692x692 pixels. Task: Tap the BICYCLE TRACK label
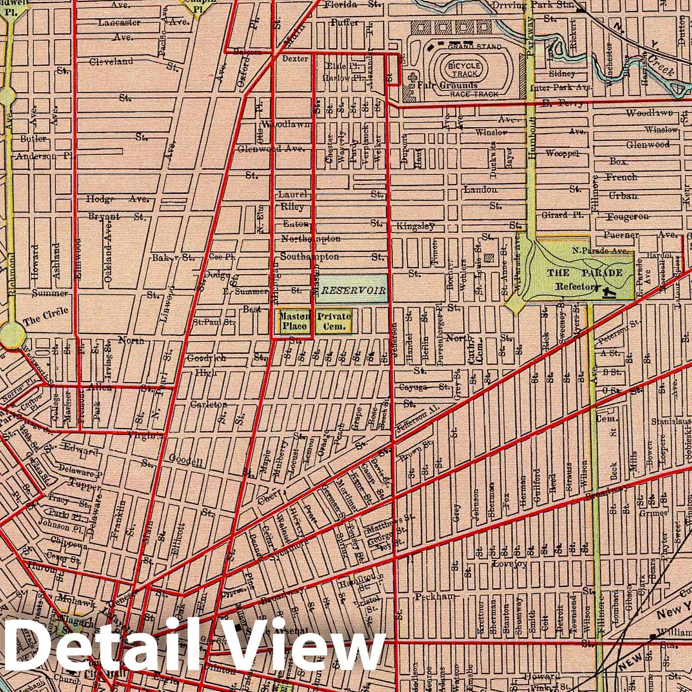(463, 69)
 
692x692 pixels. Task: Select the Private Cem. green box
(334, 321)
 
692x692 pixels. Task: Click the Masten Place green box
(295, 321)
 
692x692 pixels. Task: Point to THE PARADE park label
(584, 272)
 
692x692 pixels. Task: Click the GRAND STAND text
(475, 46)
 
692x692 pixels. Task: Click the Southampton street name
(309, 257)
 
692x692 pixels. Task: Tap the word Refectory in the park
(578, 287)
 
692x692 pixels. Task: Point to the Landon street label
(480, 189)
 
